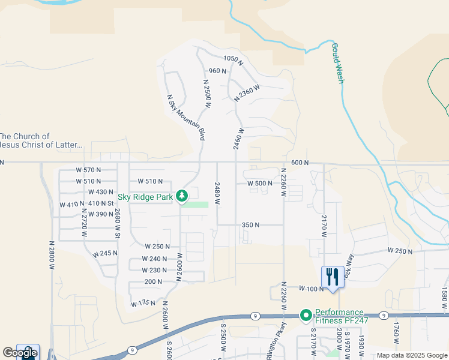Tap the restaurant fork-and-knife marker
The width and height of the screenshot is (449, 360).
333,277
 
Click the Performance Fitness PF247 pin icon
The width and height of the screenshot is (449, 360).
306,315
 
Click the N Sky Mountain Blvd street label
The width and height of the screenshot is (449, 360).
185,117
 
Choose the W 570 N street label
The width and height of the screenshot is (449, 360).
89,170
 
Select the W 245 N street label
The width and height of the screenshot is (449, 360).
105,254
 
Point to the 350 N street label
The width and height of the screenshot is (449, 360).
250,225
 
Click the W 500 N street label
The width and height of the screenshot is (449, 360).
261,184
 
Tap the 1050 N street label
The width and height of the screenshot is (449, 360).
233,59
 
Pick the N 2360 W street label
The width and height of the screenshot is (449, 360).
247,92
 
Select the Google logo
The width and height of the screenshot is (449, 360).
20,353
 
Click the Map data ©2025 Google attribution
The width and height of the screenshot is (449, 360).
411,355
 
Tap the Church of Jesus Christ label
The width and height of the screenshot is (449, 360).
41,141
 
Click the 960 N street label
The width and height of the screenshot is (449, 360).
217,71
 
